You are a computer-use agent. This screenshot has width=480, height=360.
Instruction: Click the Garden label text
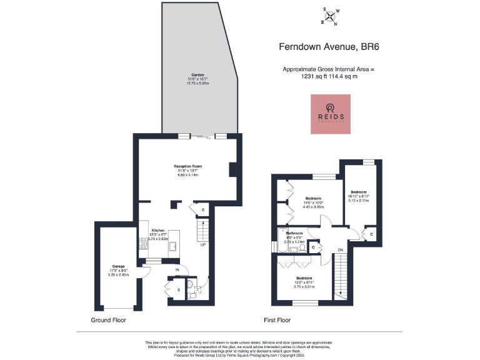coord(197,74)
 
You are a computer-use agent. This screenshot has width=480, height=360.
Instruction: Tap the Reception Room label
coord(188,166)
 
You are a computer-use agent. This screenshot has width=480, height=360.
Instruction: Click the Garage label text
coord(119,265)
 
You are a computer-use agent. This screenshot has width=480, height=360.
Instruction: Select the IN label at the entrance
coord(177,269)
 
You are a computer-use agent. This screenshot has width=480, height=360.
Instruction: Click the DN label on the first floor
coord(340,250)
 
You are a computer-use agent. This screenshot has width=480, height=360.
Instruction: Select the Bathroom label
coord(294,233)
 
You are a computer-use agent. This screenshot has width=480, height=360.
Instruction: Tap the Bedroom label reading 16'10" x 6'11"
coord(359,192)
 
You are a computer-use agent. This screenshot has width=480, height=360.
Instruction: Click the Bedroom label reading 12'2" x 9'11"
coord(304,277)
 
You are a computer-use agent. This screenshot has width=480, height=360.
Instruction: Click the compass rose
coord(331,16)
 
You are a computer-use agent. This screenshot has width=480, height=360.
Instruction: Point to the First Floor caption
coord(277,320)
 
